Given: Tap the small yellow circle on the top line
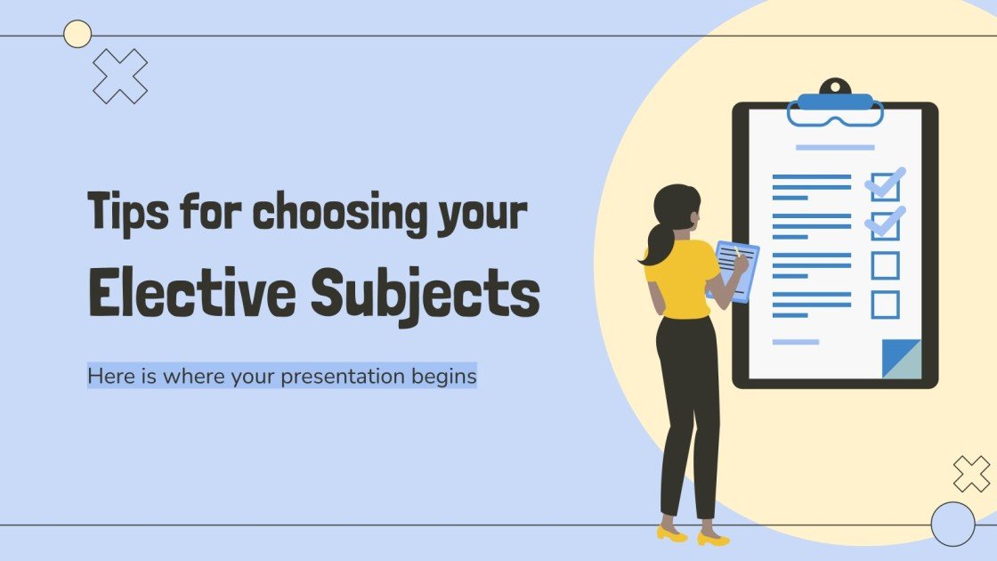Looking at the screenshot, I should coord(78,34).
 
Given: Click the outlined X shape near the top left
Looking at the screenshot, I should coord(120,76).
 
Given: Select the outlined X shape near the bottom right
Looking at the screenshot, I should coord(971,474).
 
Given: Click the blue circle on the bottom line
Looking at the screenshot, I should coord(952,524).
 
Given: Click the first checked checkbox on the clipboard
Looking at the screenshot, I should coord(885,186).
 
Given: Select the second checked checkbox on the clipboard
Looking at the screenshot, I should coord(885,225).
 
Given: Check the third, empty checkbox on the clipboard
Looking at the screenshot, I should coord(885,265).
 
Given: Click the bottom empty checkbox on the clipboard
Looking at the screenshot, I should coord(885,305).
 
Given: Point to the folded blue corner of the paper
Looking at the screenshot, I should coord(901,359).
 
